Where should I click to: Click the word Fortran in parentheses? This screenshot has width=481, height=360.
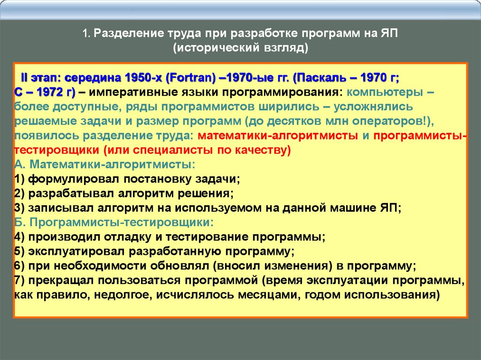(191, 78)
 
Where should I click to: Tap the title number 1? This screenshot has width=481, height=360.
(86, 33)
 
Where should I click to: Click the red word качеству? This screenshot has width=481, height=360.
(262, 150)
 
